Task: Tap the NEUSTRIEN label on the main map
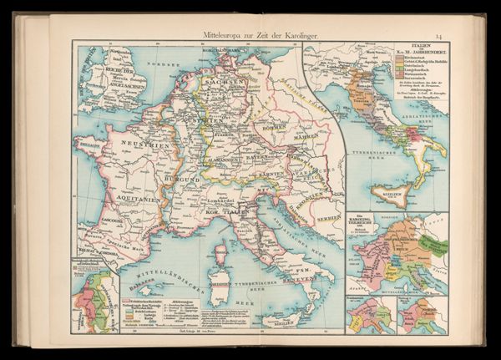[x=140, y=144]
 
